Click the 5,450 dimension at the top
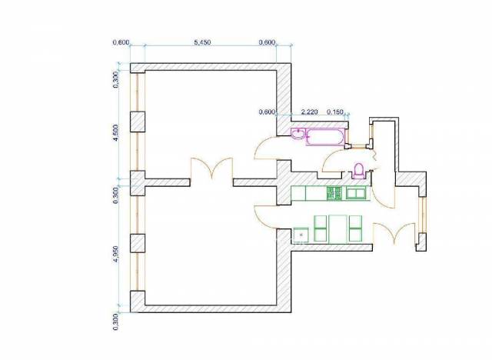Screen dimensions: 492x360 (x=202, y=42)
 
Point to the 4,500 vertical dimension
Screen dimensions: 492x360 (x=115, y=133)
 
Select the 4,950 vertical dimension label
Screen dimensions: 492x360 (x=115, y=254)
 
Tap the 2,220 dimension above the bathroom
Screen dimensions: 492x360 (x=309, y=112)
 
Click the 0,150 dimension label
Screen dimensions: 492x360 (x=335, y=112)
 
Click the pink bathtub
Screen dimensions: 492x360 (x=325, y=137)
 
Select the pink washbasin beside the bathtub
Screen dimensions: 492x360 (x=298, y=134)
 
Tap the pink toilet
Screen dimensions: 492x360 (x=358, y=171)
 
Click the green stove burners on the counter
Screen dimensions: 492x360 (x=334, y=193)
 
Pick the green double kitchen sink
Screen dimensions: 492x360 (x=356, y=193)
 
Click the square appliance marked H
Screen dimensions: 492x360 (x=301, y=235)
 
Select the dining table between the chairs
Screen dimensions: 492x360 (x=338, y=229)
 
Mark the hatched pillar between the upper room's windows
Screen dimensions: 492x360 (x=138, y=122)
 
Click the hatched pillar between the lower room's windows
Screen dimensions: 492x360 (x=138, y=243)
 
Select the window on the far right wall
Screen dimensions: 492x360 (x=423, y=215)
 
